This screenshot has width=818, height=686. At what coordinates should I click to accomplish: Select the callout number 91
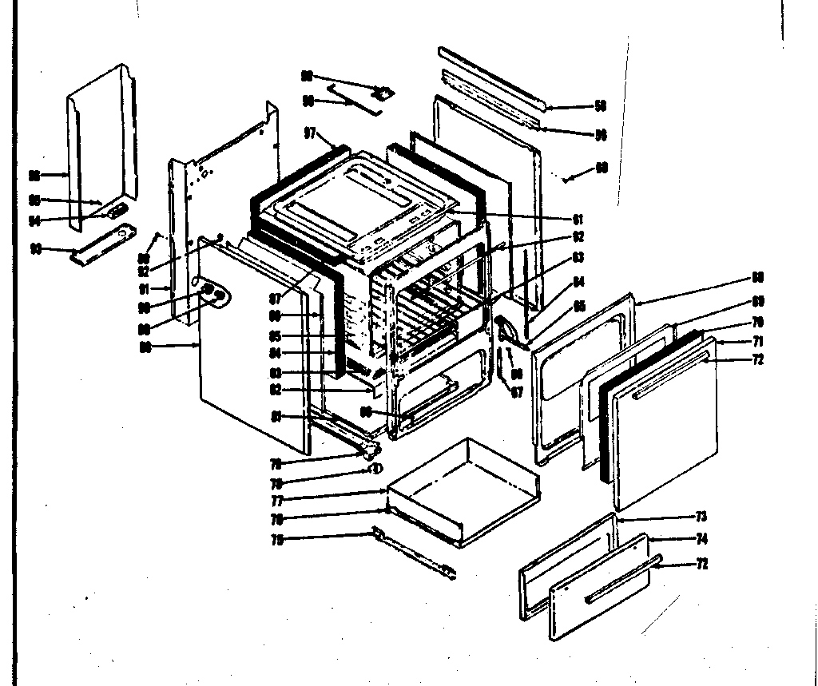144,288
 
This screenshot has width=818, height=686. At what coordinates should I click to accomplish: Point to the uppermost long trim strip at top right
491,77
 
